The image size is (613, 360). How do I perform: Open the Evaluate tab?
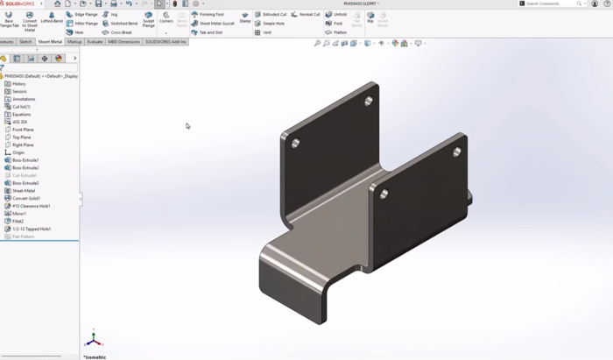click(x=95, y=41)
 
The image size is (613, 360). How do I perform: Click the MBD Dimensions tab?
click(x=123, y=41)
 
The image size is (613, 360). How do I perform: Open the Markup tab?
click(x=74, y=41)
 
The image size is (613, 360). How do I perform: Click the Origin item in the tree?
click(x=18, y=152)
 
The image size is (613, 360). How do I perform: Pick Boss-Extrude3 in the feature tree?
click(x=25, y=183)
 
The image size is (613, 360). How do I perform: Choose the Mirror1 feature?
click(x=18, y=214)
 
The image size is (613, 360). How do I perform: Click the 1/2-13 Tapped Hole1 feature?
click(x=31, y=229)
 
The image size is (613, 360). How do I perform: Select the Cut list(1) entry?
click(x=21, y=107)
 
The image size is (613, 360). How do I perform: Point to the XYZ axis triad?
click(x=94, y=339)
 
